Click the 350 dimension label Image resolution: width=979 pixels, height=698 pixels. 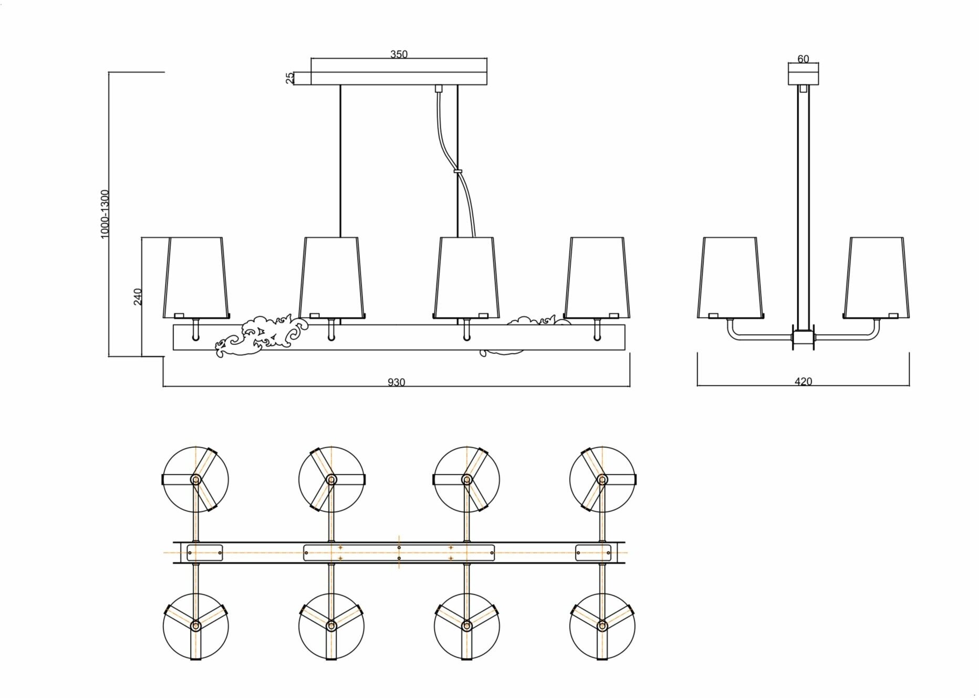pos(399,54)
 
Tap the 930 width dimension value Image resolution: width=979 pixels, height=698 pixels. pos(397,382)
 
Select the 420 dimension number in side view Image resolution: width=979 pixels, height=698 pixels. pos(804,382)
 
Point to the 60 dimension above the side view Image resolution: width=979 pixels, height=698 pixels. pos(803,59)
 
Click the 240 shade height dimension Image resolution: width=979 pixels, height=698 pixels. pos(138,296)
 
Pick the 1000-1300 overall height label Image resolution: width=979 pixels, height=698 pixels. pos(105,214)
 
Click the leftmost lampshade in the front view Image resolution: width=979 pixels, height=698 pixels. pos(196,278)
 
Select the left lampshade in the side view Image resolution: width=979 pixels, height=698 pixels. pos(730,278)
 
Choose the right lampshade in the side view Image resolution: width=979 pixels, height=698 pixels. pos(876,278)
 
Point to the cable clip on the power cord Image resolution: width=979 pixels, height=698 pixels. pos(457,171)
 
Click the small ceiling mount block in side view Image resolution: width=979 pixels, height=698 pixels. pos(803,75)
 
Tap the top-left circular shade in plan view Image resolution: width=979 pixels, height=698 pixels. pos(196,479)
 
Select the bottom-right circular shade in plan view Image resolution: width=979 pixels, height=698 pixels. pos(602,626)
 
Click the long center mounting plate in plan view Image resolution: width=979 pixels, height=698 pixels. pos(399,552)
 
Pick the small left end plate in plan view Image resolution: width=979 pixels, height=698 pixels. pos(204,552)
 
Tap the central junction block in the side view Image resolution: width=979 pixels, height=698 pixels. pos(803,338)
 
